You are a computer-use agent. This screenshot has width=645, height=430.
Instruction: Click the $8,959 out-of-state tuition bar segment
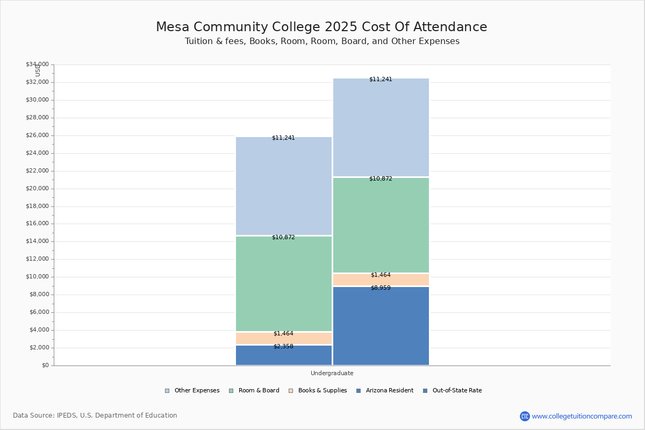click(x=381, y=326)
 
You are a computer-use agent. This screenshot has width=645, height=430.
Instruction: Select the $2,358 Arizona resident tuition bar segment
click(x=284, y=355)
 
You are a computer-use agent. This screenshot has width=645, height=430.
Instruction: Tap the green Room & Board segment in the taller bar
click(x=381, y=225)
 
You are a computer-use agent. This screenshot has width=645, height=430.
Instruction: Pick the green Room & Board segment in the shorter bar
click(x=284, y=284)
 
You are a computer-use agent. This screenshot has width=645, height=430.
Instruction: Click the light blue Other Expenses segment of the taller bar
click(x=381, y=127)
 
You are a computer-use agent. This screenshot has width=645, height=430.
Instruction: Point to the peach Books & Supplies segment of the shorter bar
click(x=284, y=339)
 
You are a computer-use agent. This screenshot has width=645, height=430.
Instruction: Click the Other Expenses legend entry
click(x=192, y=391)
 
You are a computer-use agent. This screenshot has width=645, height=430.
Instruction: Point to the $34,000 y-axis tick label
click(x=37, y=64)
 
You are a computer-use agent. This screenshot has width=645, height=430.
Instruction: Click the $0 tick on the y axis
click(x=45, y=365)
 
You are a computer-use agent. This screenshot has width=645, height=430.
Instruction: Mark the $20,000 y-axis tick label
click(x=37, y=189)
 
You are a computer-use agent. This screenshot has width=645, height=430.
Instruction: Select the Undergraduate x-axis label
click(x=332, y=373)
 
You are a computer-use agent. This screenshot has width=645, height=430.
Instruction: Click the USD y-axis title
click(x=38, y=70)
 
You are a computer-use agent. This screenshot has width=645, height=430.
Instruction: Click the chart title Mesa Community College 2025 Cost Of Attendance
click(x=321, y=27)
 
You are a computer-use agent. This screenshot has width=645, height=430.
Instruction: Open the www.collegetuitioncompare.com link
click(x=582, y=416)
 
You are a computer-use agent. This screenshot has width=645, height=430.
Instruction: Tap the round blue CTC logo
click(x=525, y=416)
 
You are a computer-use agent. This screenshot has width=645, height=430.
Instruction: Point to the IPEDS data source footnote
click(x=95, y=415)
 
